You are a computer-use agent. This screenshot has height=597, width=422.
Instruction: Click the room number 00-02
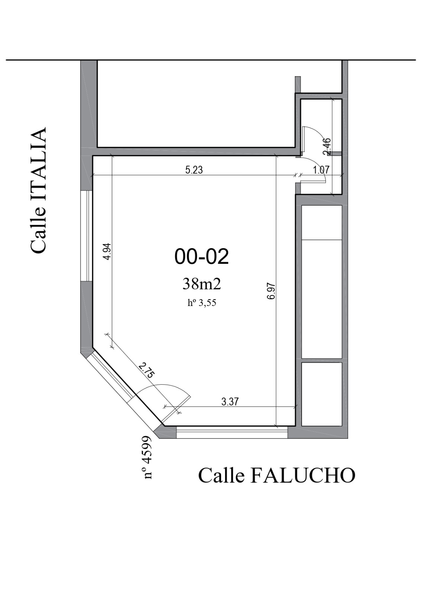[x=202, y=256]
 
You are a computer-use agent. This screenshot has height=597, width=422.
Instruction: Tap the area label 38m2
[x=202, y=284]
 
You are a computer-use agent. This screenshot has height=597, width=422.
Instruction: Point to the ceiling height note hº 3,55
[x=202, y=303]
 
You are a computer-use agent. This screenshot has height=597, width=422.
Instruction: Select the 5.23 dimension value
[x=194, y=170]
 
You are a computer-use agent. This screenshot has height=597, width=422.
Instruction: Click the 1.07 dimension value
[x=321, y=170]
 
